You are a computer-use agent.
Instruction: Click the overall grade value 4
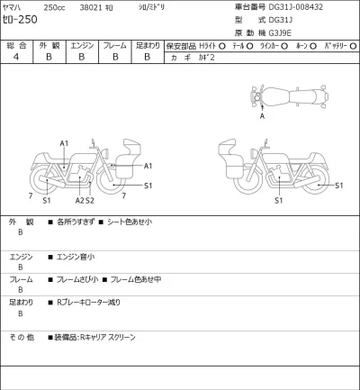[x=15, y=56]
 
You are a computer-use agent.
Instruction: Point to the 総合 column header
[x=15, y=43]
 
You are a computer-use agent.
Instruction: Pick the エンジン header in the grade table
[x=81, y=43]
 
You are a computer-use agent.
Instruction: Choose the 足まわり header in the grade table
[x=146, y=43]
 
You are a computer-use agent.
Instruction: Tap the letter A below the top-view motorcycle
[x=262, y=116]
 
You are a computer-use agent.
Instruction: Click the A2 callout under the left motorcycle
[x=79, y=200]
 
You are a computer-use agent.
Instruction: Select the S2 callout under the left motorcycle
[x=90, y=200]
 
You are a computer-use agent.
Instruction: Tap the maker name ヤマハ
[x=16, y=5]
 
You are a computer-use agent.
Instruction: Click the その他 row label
[x=22, y=337]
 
